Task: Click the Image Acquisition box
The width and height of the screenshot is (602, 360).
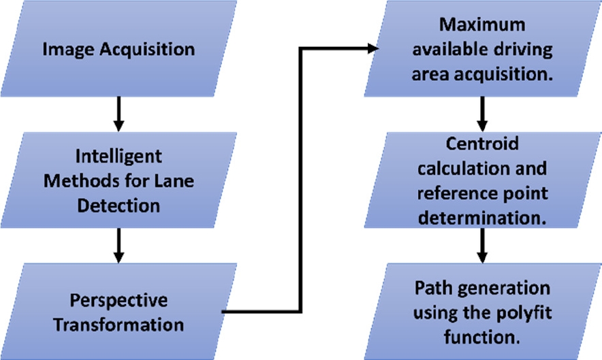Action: coord(119,50)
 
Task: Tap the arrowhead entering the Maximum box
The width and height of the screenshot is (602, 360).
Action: coord(372,48)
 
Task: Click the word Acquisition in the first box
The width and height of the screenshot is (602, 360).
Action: coord(154,50)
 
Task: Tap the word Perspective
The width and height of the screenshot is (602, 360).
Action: coord(119,301)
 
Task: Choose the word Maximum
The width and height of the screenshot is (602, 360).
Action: coord(483,25)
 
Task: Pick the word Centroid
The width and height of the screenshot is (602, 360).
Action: coord(483,145)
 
